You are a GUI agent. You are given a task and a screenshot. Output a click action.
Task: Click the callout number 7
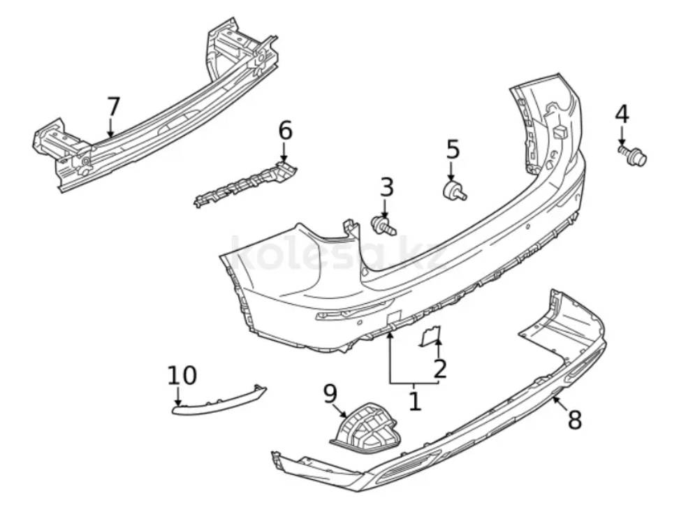[x=113, y=107]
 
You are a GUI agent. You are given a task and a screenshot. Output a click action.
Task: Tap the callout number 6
[x=285, y=131]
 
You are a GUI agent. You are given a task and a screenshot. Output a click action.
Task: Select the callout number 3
[x=386, y=187]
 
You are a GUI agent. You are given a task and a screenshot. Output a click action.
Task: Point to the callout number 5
[x=453, y=149]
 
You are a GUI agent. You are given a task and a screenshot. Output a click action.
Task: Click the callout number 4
[x=622, y=114]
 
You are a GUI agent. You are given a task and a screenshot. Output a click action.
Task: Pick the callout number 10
[x=182, y=375]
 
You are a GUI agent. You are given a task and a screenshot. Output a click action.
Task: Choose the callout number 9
[x=330, y=395]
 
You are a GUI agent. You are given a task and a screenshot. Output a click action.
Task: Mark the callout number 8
[x=574, y=419]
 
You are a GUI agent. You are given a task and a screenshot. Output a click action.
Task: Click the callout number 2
[x=439, y=369]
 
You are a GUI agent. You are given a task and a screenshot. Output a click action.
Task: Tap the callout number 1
[x=415, y=401]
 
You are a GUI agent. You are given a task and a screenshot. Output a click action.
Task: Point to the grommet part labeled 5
[x=454, y=191]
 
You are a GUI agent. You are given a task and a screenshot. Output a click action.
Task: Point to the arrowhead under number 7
[x=110, y=134]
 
